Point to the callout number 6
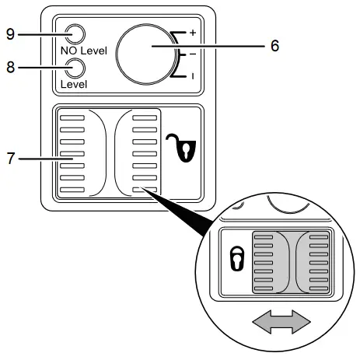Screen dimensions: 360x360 [274, 46]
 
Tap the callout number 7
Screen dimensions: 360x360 [10, 159]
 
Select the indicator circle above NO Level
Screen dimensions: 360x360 [75, 34]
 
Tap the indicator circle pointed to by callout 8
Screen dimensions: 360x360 [75, 68]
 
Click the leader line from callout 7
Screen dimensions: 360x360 [39, 159]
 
